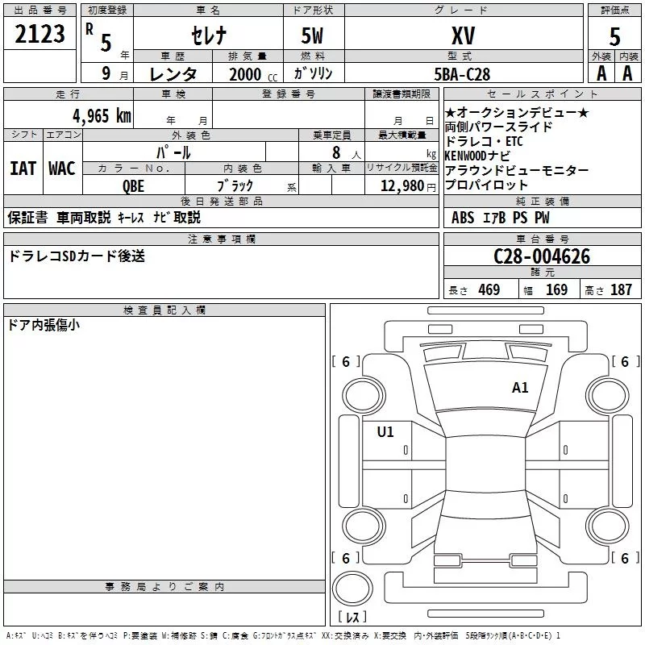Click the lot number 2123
click(40, 34)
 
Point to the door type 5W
click(314, 35)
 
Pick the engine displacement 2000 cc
click(247, 74)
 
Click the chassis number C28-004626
click(542, 256)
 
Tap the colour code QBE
click(134, 185)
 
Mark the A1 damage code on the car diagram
click(520, 388)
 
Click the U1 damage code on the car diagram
click(385, 432)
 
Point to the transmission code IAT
click(23, 169)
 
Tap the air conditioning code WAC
click(62, 169)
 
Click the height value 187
click(621, 290)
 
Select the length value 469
click(489, 290)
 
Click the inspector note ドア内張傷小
click(44, 326)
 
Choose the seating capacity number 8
click(335, 152)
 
